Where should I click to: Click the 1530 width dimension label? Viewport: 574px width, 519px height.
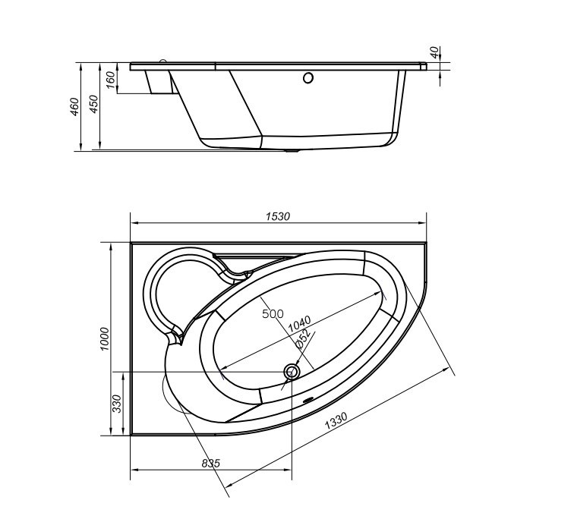click(x=277, y=216)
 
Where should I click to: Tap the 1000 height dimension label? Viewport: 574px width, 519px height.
click(x=105, y=339)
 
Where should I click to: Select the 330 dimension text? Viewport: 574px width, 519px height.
click(x=117, y=404)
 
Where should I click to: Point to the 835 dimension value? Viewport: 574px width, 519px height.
click(x=211, y=464)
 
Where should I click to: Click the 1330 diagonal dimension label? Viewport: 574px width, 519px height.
click(x=336, y=420)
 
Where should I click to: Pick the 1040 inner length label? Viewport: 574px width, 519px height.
click(x=299, y=325)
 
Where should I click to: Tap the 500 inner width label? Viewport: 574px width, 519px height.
click(x=273, y=314)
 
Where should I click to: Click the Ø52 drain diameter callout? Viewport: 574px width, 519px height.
click(x=303, y=338)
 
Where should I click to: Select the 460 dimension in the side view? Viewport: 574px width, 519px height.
click(x=74, y=107)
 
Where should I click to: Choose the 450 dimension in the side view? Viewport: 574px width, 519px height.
click(x=94, y=104)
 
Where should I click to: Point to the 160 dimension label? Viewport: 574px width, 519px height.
click(x=111, y=80)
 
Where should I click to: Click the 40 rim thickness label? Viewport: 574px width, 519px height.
click(x=434, y=52)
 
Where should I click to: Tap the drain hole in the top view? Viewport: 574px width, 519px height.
click(x=292, y=373)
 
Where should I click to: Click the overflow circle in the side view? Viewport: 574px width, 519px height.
click(x=308, y=78)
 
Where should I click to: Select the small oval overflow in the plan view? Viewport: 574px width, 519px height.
click(x=307, y=400)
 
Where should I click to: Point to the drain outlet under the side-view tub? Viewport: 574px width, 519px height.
click(x=292, y=150)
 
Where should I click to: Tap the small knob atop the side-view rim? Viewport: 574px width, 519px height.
click(x=163, y=61)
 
